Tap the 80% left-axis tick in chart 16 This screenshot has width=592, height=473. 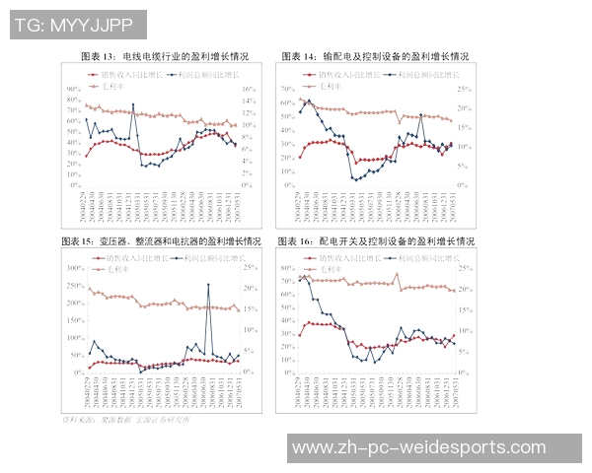[289, 267]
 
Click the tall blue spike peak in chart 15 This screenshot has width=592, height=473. [208, 285]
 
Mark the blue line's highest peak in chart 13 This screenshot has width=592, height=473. [133, 104]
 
